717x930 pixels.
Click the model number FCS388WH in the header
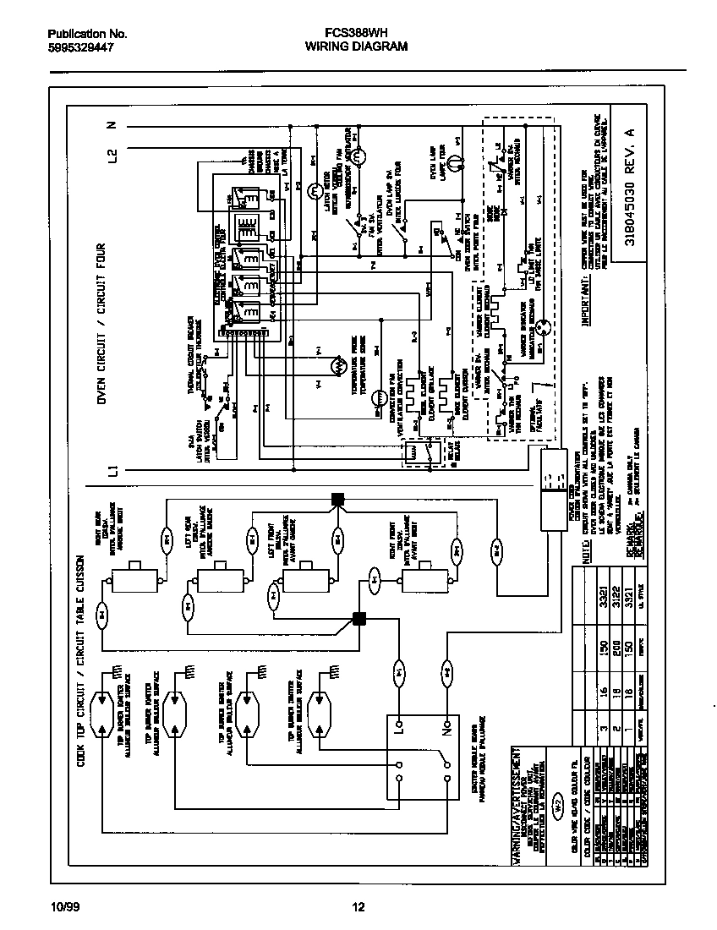(356, 34)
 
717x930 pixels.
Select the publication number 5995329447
(80, 48)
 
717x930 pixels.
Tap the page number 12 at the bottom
(358, 908)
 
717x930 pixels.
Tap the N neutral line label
(112, 126)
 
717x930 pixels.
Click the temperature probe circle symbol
(335, 365)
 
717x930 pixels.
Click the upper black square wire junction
(337, 498)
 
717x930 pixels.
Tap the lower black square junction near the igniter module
(358, 618)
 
